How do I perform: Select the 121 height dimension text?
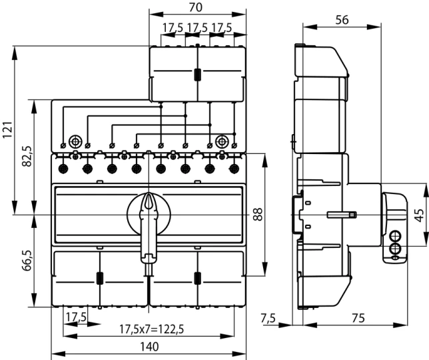click(7, 129)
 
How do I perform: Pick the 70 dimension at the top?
click(196, 7)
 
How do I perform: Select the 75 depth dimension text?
click(358, 319)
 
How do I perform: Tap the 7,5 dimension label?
click(270, 319)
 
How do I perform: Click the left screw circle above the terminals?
click(75, 141)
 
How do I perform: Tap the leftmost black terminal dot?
click(62, 168)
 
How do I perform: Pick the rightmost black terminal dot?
click(234, 168)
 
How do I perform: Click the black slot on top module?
click(197, 75)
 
